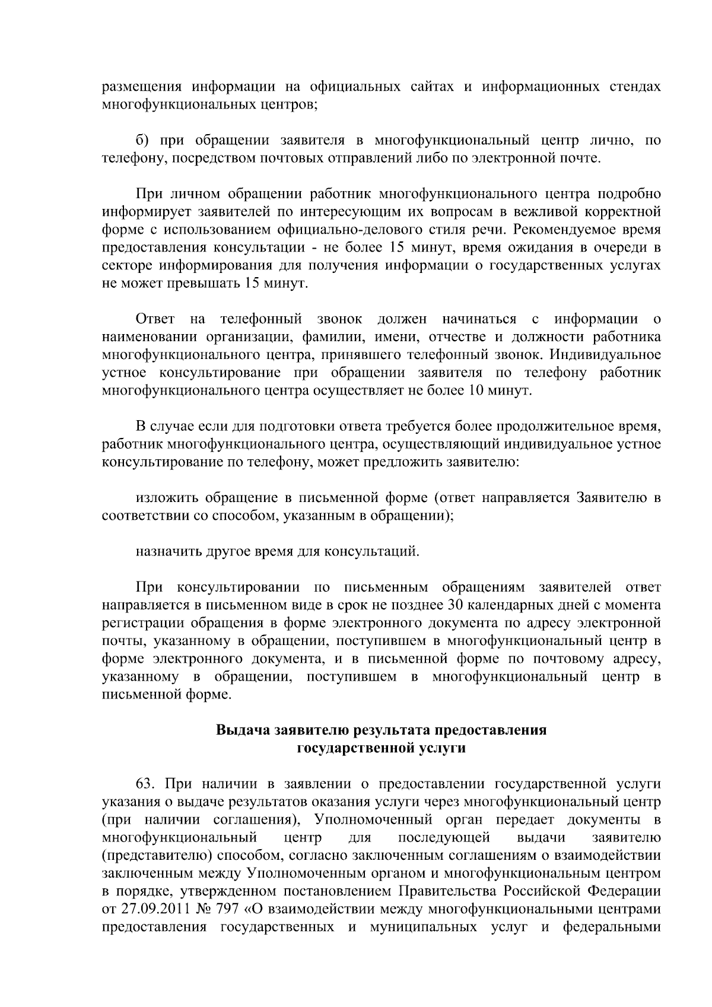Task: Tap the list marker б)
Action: point(145,141)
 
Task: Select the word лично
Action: point(611,141)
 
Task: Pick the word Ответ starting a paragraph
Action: point(155,319)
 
